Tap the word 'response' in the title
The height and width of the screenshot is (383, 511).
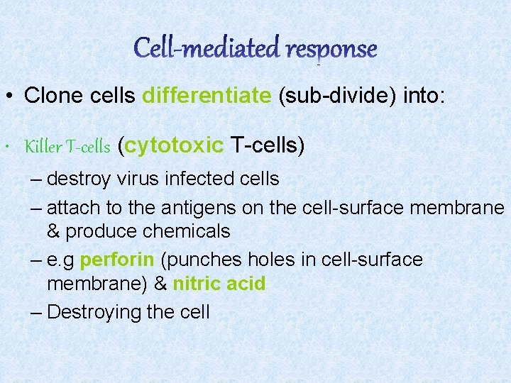point(331,49)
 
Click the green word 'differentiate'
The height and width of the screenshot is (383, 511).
point(207,95)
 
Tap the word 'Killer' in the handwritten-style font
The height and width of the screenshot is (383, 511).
point(43,147)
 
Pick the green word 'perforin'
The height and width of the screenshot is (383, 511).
point(117,260)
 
